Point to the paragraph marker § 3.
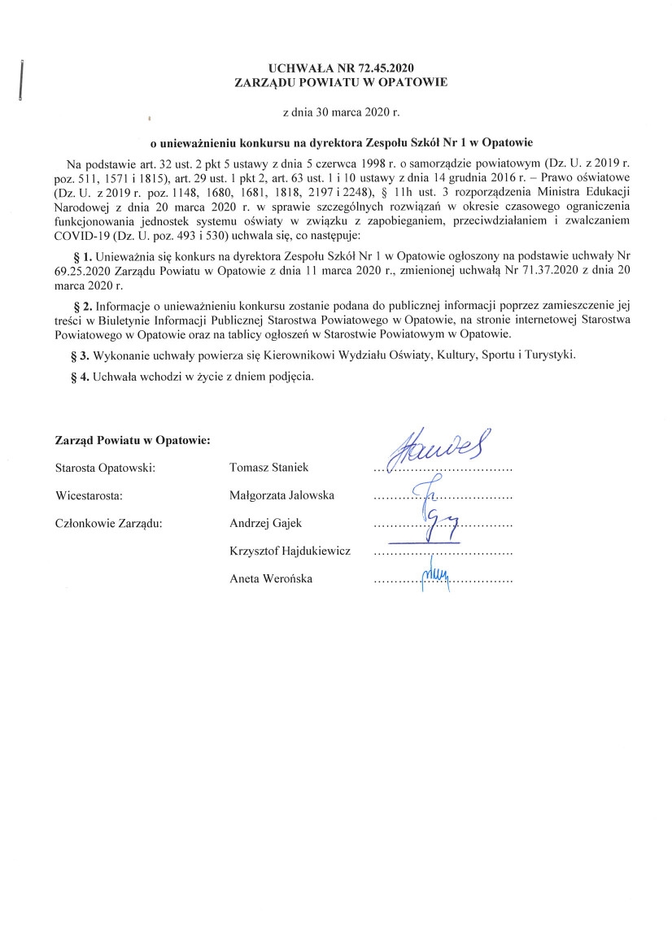[81, 356]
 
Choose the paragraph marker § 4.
[81, 377]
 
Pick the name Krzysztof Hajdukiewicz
[290, 551]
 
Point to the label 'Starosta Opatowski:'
[105, 468]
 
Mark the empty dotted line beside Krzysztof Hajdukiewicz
[443, 553]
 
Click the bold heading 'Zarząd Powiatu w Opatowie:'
[133, 440]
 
